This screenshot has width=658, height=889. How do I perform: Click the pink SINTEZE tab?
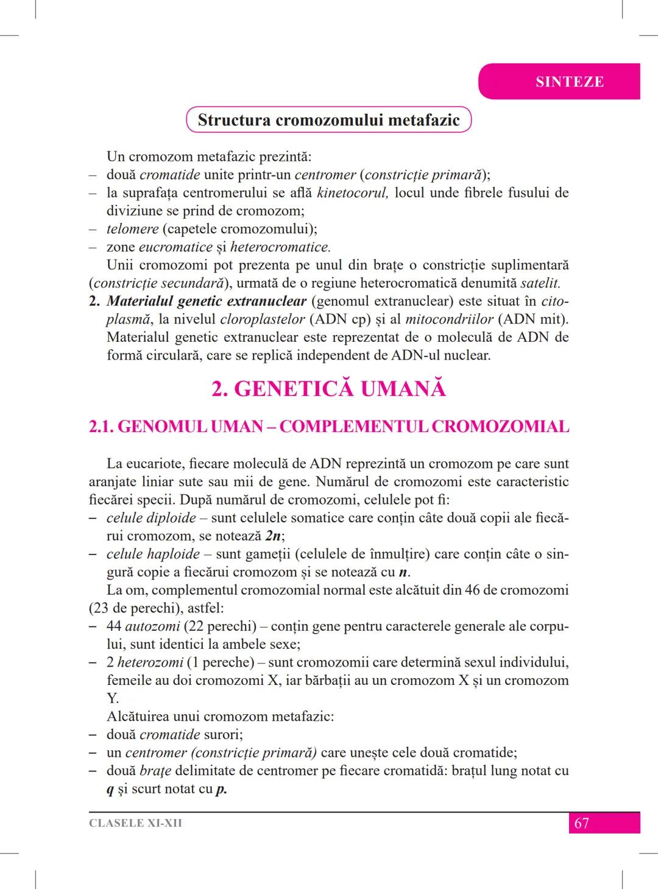569,82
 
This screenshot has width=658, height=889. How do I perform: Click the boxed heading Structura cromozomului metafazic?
328,119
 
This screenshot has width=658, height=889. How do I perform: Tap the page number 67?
581,823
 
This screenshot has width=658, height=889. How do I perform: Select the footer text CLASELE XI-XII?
135,823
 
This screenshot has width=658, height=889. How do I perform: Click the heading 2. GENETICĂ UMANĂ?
328,389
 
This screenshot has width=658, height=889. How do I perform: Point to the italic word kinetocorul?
352,193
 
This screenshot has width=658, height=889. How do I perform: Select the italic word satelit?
540,283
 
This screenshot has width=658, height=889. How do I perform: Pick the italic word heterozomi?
150,662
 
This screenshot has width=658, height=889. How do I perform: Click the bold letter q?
110,790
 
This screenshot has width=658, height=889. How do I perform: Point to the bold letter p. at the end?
221,790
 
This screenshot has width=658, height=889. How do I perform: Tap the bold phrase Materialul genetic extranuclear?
206,301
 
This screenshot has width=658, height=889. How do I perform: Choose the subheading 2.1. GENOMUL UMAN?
177,427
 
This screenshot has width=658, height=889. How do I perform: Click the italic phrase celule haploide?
153,554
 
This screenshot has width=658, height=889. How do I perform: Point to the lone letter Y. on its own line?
113,698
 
